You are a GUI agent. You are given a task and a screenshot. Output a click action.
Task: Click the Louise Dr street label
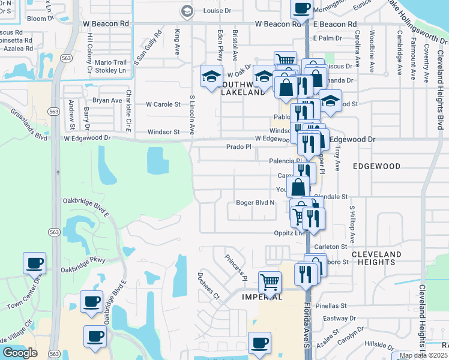(217, 11)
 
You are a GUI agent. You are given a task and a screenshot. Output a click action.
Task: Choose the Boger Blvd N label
(255, 203)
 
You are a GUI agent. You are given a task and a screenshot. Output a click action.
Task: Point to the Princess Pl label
(236, 268)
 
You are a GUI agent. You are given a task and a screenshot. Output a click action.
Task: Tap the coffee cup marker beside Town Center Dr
(34, 262)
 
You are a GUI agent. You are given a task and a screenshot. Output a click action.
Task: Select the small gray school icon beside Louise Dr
(187, 11)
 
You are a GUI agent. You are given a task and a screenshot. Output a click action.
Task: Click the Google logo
(20, 353)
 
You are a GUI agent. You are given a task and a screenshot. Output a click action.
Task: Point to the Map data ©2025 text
(423, 355)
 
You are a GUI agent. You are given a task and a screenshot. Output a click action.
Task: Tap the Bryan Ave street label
(107, 100)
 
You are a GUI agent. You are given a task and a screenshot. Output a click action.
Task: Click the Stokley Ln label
(117, 71)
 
